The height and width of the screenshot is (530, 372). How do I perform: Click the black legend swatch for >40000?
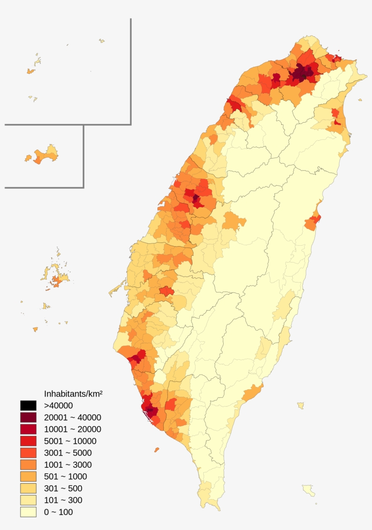coord(28,406)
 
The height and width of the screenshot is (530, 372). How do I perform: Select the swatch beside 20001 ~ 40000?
coord(28,417)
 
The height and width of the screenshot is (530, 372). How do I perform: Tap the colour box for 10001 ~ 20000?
coord(28,429)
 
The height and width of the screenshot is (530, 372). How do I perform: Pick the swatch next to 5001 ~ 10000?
coord(28,441)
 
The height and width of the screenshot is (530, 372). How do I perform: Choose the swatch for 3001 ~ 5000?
coord(28,453)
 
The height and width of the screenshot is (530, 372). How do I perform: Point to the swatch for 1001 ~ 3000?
coord(28,465)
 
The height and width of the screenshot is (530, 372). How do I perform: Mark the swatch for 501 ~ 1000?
coord(28,476)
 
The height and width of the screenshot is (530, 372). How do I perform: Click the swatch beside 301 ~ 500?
coord(28,488)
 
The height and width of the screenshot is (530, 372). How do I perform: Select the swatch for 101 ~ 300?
coord(28,500)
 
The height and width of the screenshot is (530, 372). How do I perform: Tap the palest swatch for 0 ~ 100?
coord(28,512)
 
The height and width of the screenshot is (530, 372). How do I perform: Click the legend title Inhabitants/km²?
coord(73,393)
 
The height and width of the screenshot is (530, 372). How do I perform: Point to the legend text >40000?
coord(58,406)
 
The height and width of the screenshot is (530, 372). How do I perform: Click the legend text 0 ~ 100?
coord(58,512)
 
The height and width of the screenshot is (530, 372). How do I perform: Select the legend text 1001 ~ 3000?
coord(68,465)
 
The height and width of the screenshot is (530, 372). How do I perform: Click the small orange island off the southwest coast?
coord(157,450)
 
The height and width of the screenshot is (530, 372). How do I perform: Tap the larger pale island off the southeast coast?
coord(309,490)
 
